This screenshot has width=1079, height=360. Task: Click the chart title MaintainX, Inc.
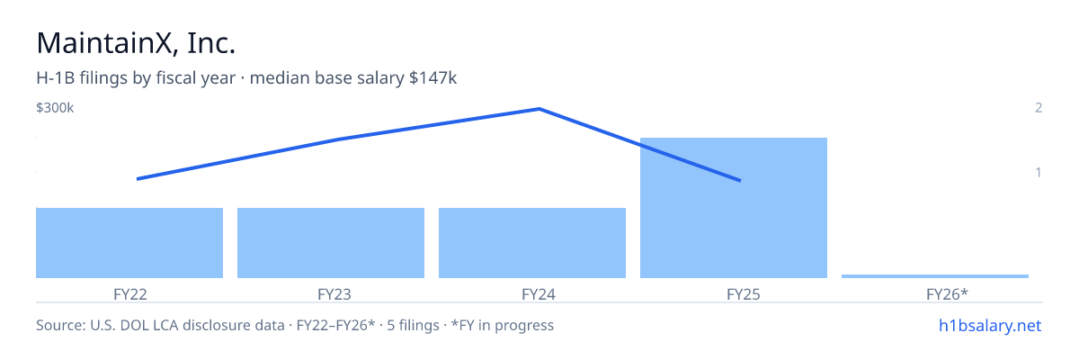(136, 43)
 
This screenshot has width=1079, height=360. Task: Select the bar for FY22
(129, 243)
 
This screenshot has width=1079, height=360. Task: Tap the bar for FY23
(331, 243)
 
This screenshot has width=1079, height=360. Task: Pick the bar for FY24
(532, 243)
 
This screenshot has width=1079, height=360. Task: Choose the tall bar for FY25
(734, 208)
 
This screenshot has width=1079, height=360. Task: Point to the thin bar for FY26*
(935, 276)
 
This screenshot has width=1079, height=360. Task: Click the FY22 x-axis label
(130, 294)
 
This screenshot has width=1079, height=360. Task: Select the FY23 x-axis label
(334, 294)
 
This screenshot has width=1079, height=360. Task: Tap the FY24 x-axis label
(539, 294)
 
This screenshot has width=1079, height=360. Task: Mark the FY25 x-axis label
(744, 294)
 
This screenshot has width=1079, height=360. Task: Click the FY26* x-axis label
(947, 294)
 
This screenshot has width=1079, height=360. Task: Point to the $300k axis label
(55, 108)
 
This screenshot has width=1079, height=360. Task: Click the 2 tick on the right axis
(1039, 108)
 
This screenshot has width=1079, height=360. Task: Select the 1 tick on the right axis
(1039, 173)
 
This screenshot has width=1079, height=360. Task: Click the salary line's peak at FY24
(539, 109)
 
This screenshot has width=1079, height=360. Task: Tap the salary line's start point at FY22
(138, 179)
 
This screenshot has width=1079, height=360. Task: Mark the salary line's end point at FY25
(740, 181)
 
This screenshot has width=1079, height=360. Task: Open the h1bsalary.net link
(990, 326)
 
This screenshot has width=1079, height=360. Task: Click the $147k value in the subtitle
(432, 78)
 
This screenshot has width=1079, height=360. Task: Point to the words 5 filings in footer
(413, 326)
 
